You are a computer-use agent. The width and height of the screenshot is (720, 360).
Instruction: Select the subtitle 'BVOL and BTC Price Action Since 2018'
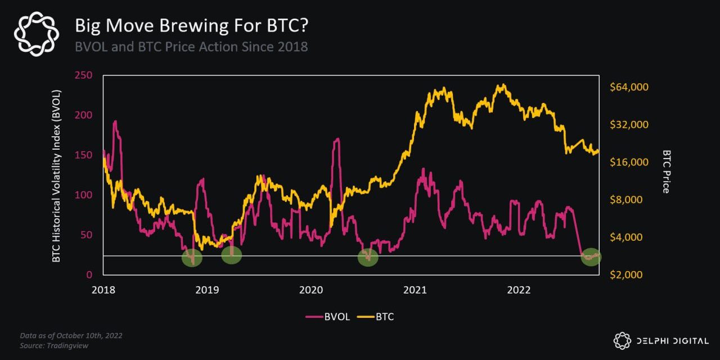click(191, 47)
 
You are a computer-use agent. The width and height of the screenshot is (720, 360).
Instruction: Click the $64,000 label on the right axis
click(629, 87)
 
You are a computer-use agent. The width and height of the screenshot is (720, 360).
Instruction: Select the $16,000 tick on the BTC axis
click(629, 162)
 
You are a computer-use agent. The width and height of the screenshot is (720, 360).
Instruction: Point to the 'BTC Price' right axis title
click(667, 172)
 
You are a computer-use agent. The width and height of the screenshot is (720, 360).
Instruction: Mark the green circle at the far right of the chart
click(591, 256)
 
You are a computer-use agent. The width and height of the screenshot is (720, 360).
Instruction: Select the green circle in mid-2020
click(368, 258)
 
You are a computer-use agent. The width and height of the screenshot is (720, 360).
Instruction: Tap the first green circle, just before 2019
click(192, 258)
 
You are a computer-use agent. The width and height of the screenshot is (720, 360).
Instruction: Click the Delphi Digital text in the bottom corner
click(669, 340)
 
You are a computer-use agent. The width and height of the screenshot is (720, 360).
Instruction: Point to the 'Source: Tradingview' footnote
click(54, 345)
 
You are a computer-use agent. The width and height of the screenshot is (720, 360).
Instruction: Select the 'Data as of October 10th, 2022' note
click(71, 335)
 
